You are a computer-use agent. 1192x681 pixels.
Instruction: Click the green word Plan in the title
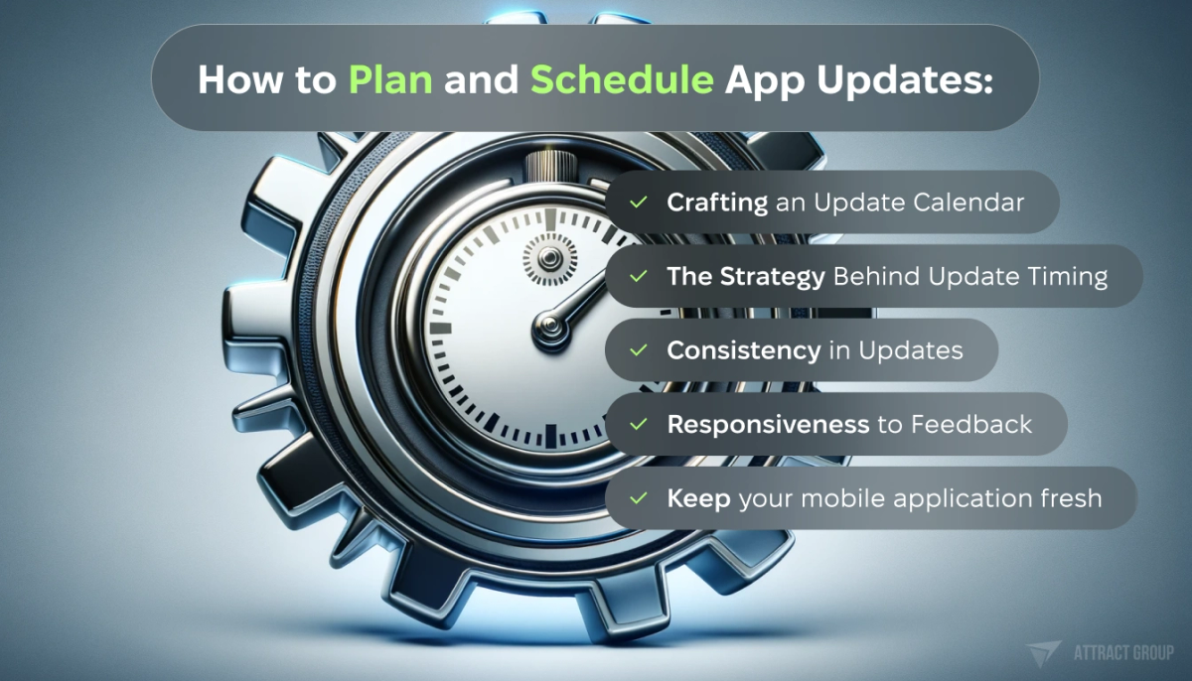pos(390,79)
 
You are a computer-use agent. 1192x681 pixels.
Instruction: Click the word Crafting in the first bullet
pos(717,203)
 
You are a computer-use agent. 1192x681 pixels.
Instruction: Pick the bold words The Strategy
pos(745,276)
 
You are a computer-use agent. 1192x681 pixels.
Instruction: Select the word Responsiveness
pos(768,424)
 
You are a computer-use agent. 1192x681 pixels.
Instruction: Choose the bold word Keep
pos(698,497)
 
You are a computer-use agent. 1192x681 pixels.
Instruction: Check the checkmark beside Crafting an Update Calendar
pos(638,203)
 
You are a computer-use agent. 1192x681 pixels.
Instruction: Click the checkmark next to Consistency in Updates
pos(638,349)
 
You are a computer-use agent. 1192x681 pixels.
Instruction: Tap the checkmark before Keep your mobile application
pos(638,497)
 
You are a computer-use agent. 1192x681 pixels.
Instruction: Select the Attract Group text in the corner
pos(1123,652)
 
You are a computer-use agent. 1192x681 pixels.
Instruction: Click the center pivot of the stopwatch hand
pos(547,326)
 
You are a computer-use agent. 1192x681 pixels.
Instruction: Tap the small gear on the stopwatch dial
pos(547,259)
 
